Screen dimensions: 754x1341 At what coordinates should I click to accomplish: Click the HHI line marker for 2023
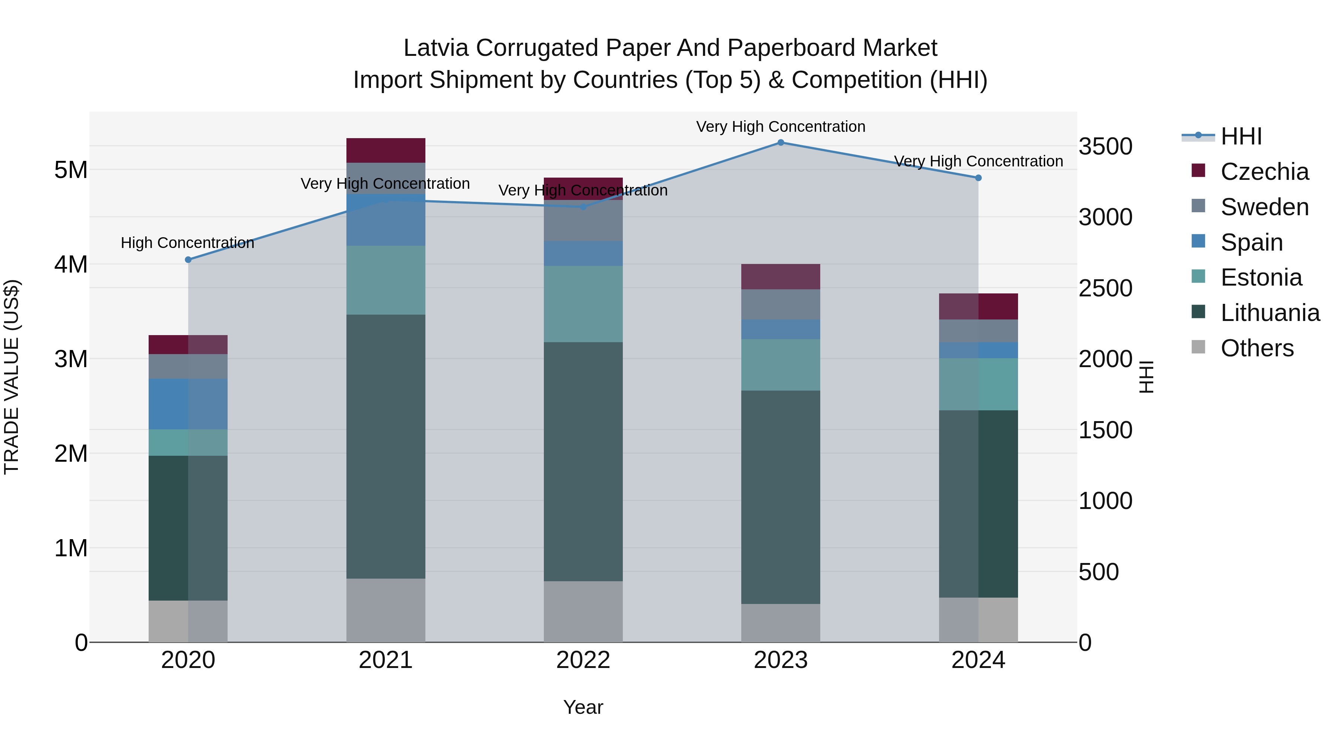[780, 142]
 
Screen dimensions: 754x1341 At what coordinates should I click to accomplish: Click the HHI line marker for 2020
[188, 260]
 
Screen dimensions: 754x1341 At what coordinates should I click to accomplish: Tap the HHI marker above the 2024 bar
[978, 178]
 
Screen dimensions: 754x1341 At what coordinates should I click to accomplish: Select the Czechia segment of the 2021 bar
[386, 150]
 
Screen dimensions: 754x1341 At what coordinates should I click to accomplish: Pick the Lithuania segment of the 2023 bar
[780, 497]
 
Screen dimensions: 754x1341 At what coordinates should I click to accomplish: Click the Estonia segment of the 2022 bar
[583, 304]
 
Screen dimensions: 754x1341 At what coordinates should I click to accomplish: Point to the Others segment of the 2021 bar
[386, 610]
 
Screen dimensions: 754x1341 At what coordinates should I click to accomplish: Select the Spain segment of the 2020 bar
[188, 404]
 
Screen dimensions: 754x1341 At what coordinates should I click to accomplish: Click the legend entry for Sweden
[1264, 207]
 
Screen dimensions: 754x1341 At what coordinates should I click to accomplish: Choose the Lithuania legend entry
[1270, 313]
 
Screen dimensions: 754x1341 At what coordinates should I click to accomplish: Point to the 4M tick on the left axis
[71, 264]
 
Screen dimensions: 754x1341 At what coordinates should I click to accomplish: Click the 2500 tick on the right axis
[1105, 288]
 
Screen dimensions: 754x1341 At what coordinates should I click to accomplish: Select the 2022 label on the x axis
[583, 660]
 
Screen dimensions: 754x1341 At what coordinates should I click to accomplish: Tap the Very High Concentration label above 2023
[780, 127]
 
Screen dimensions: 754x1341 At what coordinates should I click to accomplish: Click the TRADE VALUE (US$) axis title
[12, 377]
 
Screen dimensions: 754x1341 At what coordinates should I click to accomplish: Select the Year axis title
[583, 707]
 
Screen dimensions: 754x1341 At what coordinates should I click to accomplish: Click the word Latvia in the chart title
[436, 48]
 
